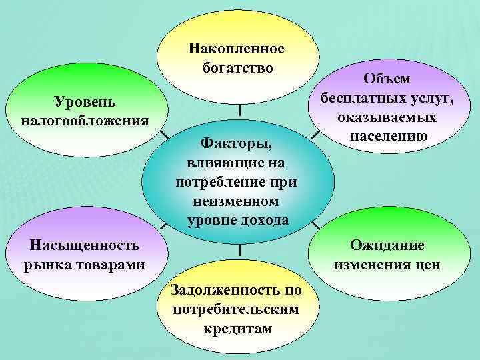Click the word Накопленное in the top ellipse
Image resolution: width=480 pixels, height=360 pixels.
[236, 49]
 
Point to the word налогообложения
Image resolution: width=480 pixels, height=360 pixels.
[85, 120]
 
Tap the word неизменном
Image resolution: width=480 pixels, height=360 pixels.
[237, 201]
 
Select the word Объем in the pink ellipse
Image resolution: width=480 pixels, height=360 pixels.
[387, 79]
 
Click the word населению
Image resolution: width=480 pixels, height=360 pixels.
[387, 136]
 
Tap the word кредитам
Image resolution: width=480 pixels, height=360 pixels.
[237, 329]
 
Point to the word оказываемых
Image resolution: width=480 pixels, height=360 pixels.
[387, 117]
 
